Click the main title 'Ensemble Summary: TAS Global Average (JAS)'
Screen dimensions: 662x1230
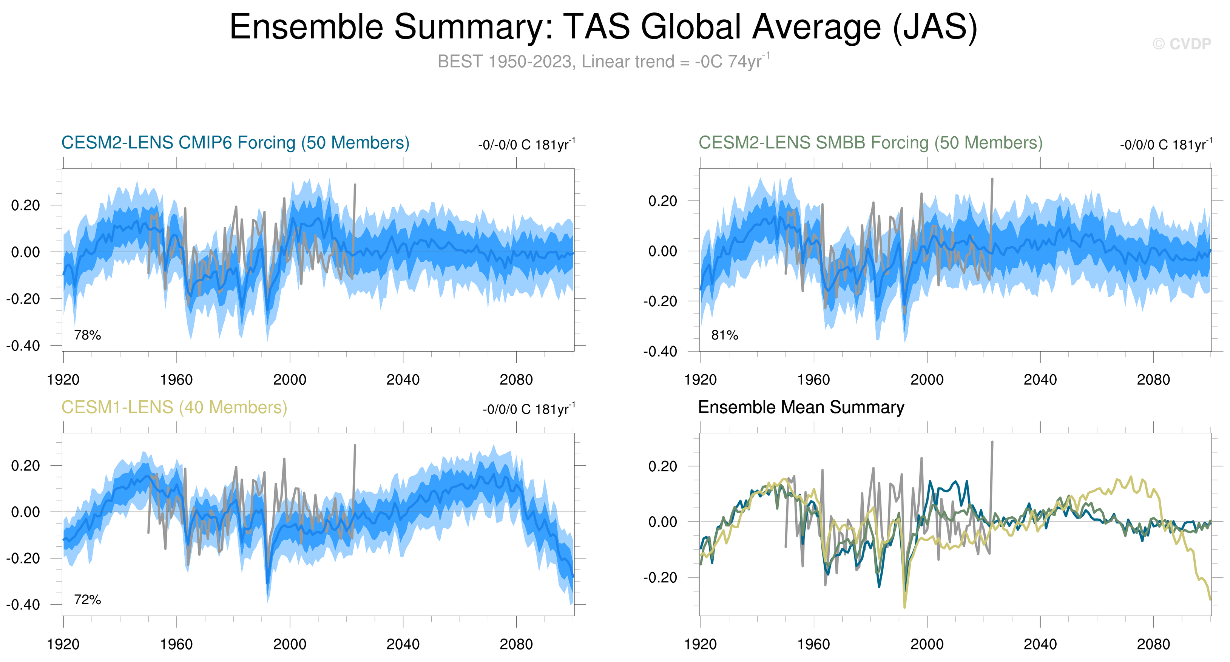coord(603,27)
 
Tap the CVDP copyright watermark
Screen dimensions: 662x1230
coord(1182,44)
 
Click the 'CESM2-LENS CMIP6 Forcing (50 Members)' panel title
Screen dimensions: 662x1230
coord(235,143)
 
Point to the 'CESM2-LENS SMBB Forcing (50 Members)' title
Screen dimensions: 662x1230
coord(870,143)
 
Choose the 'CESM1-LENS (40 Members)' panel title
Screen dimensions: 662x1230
coord(174,407)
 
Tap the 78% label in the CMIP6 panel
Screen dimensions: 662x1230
coord(87,335)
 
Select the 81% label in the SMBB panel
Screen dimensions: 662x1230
coord(724,335)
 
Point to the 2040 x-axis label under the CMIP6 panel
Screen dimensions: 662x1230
coord(403,380)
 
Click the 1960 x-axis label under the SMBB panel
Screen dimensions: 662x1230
coord(813,380)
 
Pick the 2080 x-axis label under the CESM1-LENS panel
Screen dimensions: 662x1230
coord(516,644)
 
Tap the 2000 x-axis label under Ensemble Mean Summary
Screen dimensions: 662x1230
coord(926,644)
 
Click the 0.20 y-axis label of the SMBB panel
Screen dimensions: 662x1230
coord(662,201)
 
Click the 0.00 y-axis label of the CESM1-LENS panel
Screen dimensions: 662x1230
coord(25,512)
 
